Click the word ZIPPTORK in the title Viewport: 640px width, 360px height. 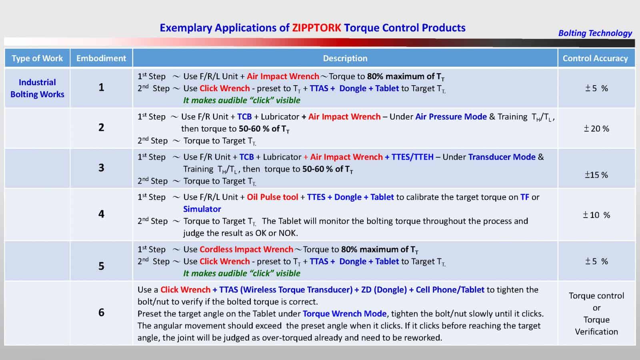click(316, 28)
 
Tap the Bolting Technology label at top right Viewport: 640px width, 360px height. click(595, 33)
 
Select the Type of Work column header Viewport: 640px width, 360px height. click(37, 58)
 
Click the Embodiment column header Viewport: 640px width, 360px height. click(101, 58)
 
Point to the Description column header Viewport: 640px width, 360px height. click(345, 58)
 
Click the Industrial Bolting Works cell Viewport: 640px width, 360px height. click(37, 88)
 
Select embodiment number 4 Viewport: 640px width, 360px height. click(101, 214)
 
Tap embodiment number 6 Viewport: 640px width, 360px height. click(101, 312)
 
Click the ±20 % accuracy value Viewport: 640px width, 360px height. click(596, 129)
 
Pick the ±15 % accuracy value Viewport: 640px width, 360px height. click(596, 175)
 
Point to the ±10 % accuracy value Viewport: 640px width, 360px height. click(596, 215)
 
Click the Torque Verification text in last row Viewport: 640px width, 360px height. click(596, 326)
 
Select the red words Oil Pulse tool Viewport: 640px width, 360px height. click(272, 197)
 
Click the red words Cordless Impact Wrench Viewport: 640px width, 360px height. click(246, 250)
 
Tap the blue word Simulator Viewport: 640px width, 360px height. click(202, 209)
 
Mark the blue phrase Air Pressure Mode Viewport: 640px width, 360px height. click(451, 117)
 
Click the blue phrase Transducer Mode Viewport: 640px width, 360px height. click(502, 157)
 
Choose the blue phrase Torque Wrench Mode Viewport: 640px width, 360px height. click(344, 314)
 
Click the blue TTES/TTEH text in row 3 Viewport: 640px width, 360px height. click(412, 157)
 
